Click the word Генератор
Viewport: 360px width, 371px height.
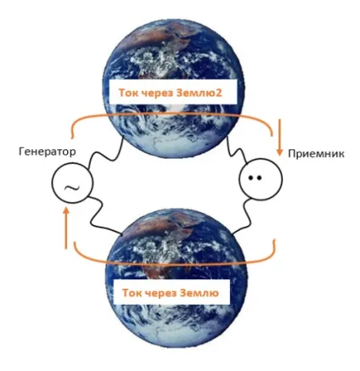coord(48,152)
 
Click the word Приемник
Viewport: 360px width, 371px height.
coord(316,154)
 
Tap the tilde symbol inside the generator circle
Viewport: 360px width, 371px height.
coord(72,188)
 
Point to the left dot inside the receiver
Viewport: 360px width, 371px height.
coord(250,177)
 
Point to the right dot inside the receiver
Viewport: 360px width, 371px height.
coord(259,177)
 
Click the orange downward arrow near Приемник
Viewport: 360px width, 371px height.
coord(279,138)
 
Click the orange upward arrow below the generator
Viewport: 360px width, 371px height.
coord(66,228)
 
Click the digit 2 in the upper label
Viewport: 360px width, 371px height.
coord(218,93)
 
